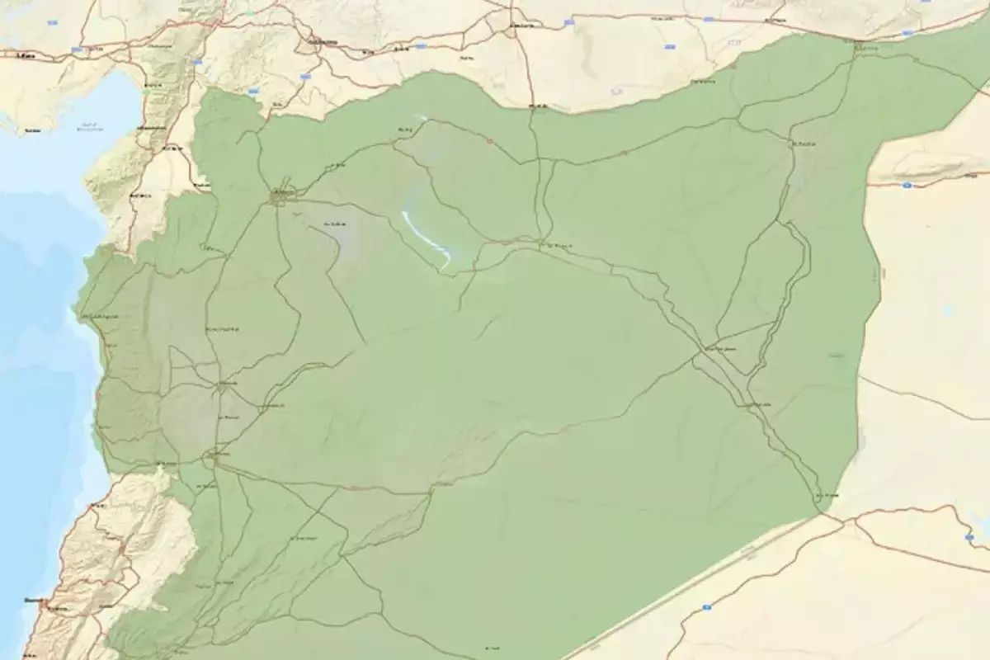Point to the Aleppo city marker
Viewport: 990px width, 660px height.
pyautogui.click(x=282, y=195)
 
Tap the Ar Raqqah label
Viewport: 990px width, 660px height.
pyautogui.click(x=559, y=245)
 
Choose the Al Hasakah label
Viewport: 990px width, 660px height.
pyautogui.click(x=803, y=144)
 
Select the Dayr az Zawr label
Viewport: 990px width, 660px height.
pyautogui.click(x=718, y=350)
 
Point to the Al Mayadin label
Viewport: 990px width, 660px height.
pyautogui.click(x=758, y=405)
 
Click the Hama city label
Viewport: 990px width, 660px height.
pyautogui.click(x=229, y=384)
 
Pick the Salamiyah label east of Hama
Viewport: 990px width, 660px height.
pyautogui.click(x=271, y=406)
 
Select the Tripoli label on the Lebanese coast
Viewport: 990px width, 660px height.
pyautogui.click(x=99, y=503)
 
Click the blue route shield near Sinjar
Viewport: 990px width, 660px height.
pyautogui.click(x=905, y=185)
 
